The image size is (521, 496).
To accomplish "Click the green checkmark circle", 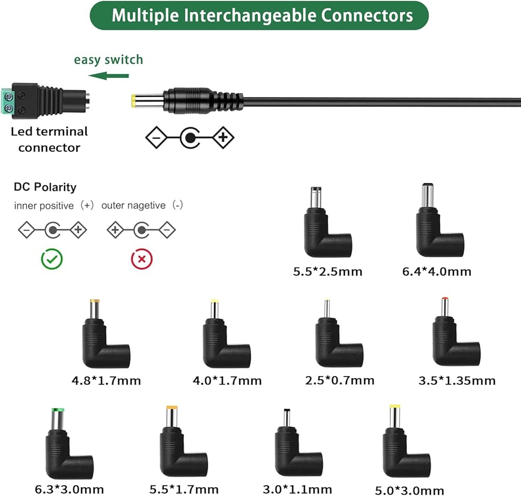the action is tap(52, 259).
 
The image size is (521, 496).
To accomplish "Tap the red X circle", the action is tap(142, 259).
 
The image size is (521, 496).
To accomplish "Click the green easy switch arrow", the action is tap(108, 76).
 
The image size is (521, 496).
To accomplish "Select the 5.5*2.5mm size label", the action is tap(328, 272).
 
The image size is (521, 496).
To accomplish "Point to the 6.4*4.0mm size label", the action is tap(437, 272).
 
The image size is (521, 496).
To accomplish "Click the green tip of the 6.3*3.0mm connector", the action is tap(58, 411).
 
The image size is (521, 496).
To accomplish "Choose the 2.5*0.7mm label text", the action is tap(340, 380).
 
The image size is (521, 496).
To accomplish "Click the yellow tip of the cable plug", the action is tap(133, 101).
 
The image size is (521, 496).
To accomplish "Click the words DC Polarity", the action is tap(45, 187).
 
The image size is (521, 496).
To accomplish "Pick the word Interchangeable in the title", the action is tap(250, 16).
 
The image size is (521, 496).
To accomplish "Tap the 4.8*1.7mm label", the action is tap(106, 381).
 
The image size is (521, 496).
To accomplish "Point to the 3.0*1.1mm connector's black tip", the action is tap(287, 411).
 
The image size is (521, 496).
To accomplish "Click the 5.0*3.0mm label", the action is tap(410, 490).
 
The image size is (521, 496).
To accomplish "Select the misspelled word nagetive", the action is tap(133, 206).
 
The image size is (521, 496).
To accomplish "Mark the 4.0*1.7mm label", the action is tap(227, 381).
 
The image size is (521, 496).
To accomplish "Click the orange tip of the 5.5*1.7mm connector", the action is tap(172, 407).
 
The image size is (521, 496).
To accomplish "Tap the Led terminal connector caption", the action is tap(49, 140).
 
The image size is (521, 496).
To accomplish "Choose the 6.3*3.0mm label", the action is tap(69, 489).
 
